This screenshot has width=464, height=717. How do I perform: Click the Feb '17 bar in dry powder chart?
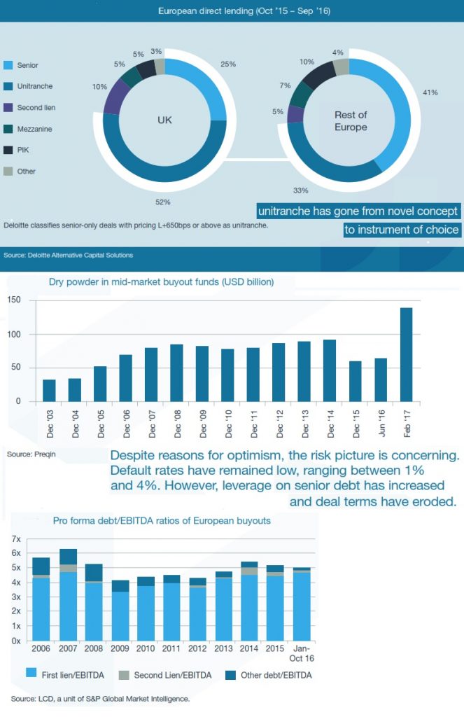[x=406, y=354]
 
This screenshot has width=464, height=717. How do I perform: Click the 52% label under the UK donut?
[x=163, y=202]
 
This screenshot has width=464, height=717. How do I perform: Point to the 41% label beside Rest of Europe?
[x=430, y=92]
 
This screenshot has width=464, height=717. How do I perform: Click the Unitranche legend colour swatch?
[x=8, y=86]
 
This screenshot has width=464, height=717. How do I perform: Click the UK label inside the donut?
[x=164, y=120]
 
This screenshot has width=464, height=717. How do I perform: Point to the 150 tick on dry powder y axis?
[x=14, y=300]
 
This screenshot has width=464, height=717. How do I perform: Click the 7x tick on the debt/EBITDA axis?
[x=16, y=538]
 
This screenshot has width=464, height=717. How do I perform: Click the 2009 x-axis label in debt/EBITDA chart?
[x=120, y=649]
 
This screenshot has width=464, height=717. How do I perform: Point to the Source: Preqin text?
[x=31, y=454]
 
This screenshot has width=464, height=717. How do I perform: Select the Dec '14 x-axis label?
[x=330, y=422]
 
